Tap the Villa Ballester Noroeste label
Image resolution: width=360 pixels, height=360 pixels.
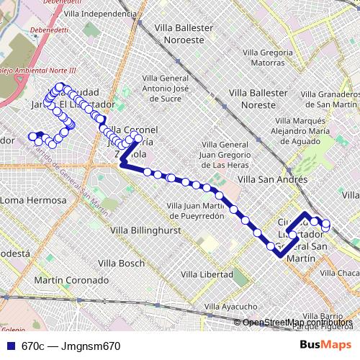[x=184, y=34]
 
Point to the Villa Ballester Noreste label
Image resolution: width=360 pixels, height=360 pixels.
[x=253, y=99]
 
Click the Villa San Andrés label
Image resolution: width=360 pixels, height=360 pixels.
[x=272, y=179]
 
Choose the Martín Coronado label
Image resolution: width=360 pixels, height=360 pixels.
[x=71, y=280]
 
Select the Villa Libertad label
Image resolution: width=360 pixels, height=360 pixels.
[x=207, y=274]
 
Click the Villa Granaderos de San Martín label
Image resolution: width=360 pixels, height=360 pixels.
[x=329, y=99]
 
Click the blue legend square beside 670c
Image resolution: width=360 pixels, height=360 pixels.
[x=10, y=346]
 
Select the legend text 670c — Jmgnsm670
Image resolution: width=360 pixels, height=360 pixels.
[x=71, y=346]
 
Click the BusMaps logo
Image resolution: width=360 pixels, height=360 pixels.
[x=325, y=345]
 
